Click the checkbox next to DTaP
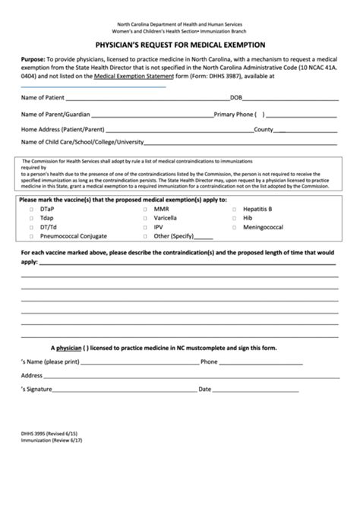coord(31,208)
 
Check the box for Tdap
coord(31,217)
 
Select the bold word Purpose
coord(33,58)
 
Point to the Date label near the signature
coord(204,388)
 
